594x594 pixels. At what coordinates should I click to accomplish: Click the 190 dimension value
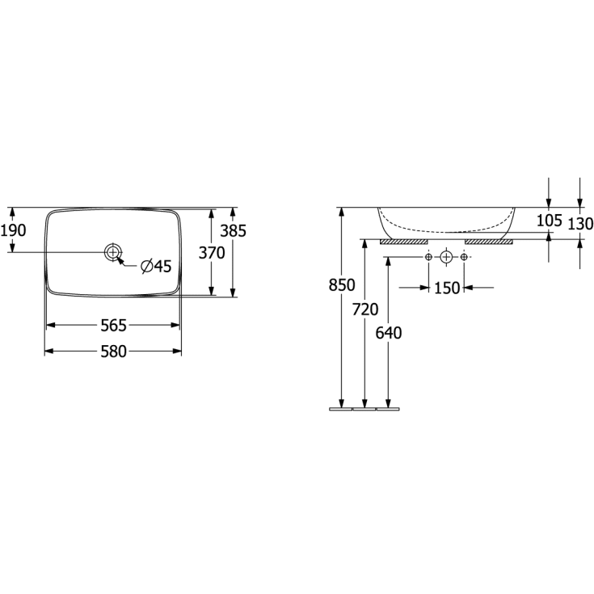(x=13, y=230)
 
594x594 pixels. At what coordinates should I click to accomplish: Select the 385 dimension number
(x=234, y=230)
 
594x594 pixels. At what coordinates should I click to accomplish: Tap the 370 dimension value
(x=212, y=253)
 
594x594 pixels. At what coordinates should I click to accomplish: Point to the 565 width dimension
(x=113, y=325)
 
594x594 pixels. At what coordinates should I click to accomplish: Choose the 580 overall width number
(x=113, y=352)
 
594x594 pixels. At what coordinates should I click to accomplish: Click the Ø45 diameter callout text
(x=156, y=267)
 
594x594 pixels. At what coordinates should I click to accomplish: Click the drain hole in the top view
(x=113, y=252)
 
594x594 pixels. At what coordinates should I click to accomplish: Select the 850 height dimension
(x=342, y=284)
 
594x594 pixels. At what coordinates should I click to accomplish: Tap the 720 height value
(x=365, y=310)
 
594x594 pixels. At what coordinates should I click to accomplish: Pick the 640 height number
(x=389, y=333)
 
